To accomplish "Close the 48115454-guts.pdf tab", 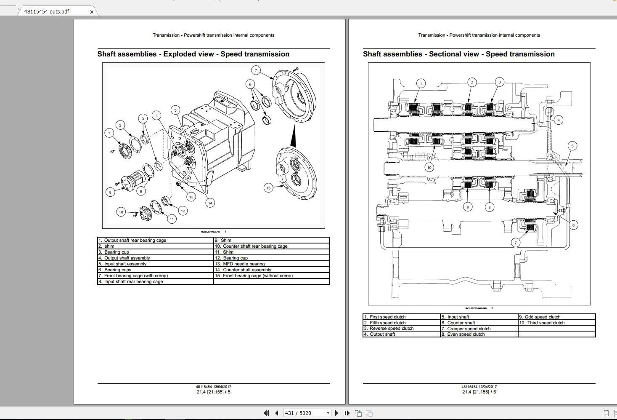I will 92,12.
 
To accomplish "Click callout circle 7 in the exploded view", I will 256,70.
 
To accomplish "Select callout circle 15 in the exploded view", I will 268,188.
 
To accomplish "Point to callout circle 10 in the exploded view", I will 121,212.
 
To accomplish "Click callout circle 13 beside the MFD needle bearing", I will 191,197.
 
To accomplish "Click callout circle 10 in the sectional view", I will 429,168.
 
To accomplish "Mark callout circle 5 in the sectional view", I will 572,146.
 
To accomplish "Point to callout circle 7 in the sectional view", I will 516,243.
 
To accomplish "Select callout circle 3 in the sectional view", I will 499,82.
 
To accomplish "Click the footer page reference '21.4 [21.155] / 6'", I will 479,392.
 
